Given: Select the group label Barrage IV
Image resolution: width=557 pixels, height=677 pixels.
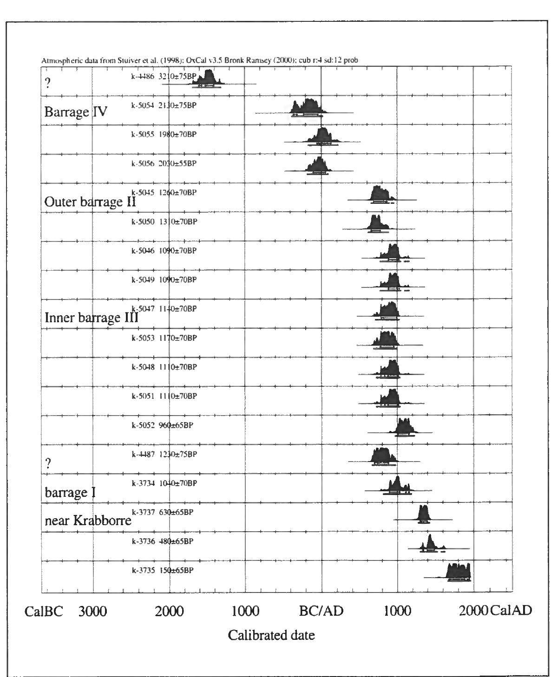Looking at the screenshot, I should tap(76, 112).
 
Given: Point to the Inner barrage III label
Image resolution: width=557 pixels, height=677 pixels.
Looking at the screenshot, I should tap(91, 318).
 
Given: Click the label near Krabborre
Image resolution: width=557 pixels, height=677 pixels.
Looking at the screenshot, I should tap(88, 521).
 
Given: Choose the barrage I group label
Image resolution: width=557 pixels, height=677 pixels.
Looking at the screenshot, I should tap(70, 492).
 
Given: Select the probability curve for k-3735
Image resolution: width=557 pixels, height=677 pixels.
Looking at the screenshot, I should tap(459, 572).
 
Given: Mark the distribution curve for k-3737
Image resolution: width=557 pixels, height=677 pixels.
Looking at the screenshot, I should tap(423, 514).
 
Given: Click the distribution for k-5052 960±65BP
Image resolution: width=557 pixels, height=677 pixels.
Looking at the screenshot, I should tap(403, 427).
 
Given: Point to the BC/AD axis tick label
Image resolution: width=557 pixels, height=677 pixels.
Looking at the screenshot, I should tap(321, 611).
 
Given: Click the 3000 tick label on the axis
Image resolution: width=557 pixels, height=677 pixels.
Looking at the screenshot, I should tap(92, 611).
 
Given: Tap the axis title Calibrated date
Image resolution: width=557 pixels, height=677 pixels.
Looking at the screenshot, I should tap(271, 635).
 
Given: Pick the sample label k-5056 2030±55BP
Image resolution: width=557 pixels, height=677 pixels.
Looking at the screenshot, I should tap(164, 163).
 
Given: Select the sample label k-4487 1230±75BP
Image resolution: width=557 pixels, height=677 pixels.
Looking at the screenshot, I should tap(164, 454).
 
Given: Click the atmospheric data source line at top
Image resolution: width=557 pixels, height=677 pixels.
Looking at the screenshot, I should tap(199, 60).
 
